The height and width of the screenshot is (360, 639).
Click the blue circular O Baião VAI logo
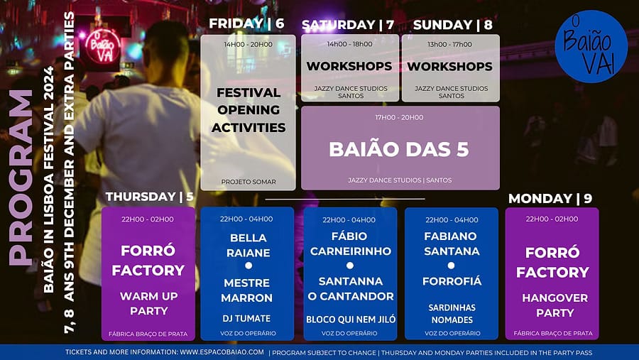tap(591, 46)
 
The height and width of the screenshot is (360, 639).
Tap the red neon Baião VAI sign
tap(103, 46)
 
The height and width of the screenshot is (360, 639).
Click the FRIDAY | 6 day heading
tap(246, 23)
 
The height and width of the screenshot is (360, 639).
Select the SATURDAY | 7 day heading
tap(348, 25)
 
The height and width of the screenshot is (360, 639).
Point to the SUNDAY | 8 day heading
tap(453, 25)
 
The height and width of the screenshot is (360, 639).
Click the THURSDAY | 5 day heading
tap(150, 197)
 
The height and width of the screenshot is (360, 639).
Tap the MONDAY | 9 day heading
tap(550, 199)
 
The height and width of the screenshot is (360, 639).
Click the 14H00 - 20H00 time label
tap(248, 45)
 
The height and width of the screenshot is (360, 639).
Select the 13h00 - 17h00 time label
tap(450, 45)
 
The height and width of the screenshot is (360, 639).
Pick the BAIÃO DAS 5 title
tap(399, 149)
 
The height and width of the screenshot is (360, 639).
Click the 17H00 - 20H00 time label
tap(399, 117)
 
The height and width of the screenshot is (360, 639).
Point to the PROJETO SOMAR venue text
tap(248, 182)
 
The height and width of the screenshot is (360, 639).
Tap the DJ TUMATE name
tap(246, 318)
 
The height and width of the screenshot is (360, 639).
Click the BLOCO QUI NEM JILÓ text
tap(351, 320)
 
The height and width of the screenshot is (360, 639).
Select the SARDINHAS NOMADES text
tap(452, 314)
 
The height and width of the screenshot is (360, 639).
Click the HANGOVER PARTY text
tap(555, 305)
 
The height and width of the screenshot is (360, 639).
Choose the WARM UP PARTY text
tap(149, 304)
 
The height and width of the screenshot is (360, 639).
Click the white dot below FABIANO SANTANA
tap(451, 266)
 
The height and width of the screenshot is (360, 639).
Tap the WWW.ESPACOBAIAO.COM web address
tap(222, 352)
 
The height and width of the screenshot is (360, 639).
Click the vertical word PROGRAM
tap(21, 178)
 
